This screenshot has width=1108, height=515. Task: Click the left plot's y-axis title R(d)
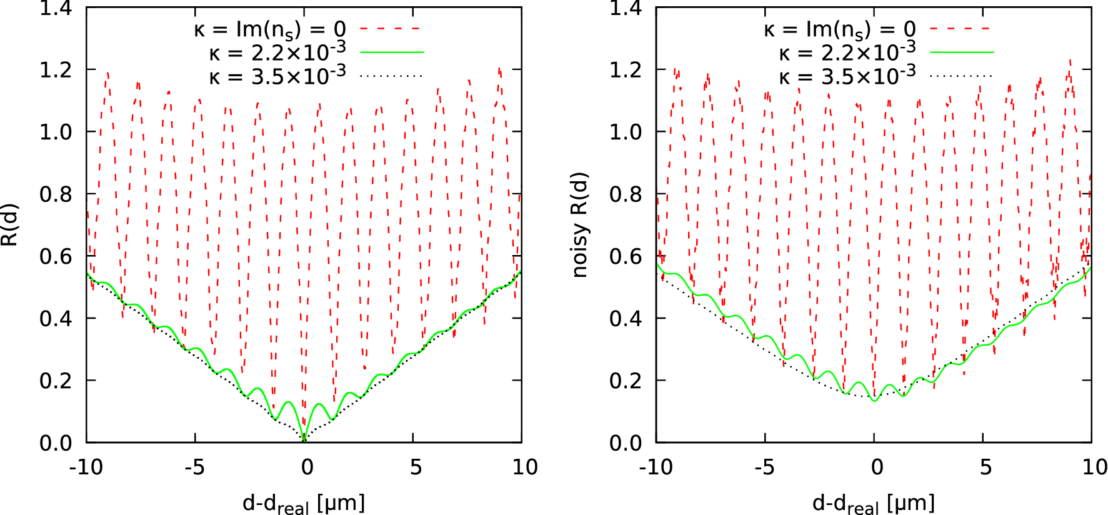click(10, 225)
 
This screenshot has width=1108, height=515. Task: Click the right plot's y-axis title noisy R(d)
click(580, 225)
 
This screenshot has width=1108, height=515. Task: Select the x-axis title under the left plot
click(304, 503)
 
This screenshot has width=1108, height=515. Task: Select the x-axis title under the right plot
click(874, 503)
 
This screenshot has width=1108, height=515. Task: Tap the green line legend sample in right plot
click(962, 52)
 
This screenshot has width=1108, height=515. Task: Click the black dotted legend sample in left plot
click(392, 76)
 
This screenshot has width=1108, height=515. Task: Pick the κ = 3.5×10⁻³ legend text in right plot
click(847, 76)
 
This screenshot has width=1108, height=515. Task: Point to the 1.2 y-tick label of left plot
click(56, 70)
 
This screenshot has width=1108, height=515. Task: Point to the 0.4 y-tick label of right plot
click(626, 319)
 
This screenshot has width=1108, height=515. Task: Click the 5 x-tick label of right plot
click(986, 467)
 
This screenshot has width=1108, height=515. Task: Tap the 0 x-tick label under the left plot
click(307, 467)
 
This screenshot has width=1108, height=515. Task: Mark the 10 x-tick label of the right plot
click(1094, 467)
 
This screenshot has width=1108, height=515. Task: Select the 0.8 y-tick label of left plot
click(56, 194)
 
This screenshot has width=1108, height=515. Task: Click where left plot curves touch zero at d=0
click(304, 440)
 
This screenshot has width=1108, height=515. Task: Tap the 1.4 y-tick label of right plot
click(626, 9)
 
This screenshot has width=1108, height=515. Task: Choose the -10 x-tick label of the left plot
click(86, 467)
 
